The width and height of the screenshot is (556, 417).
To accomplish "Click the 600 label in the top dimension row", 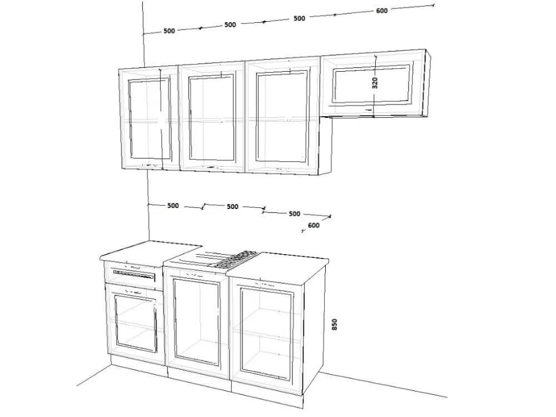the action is point(382,11).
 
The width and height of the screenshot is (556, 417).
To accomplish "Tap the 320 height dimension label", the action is point(375,83).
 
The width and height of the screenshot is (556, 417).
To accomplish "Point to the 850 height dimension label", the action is point(334,325).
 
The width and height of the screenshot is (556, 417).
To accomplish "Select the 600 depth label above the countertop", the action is point(314,225).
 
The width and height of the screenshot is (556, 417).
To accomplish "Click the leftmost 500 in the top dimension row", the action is point(169,31).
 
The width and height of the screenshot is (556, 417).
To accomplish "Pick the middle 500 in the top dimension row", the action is point(230,25).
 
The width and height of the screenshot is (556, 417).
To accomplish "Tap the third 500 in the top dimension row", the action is point(299,18).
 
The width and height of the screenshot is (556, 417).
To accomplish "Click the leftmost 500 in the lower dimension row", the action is point(173,206).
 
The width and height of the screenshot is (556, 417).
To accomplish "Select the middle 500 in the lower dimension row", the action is point(232,207).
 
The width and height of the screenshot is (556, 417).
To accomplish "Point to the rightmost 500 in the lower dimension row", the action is point(294,214).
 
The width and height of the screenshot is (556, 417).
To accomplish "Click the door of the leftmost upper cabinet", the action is point(149,119).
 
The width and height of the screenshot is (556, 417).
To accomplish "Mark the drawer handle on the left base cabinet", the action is point(134,274).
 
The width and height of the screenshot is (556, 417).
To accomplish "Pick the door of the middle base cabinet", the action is point(197,322).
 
